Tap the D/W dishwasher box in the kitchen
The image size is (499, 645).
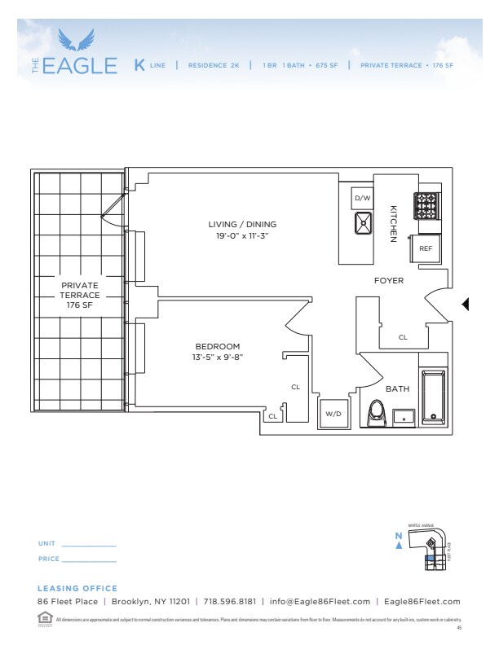(361, 198)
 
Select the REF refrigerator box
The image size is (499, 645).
(426, 248)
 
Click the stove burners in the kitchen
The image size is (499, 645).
(426, 206)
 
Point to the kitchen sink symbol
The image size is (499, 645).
(363, 223)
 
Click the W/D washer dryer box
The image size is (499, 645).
(333, 413)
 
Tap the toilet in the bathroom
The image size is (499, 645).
(376, 413)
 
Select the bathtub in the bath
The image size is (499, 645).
(433, 397)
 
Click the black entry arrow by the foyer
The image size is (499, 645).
(466, 305)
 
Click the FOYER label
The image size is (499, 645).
(389, 281)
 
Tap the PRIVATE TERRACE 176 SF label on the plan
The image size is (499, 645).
(79, 295)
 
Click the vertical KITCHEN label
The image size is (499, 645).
(392, 223)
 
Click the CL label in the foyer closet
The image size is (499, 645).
(403, 337)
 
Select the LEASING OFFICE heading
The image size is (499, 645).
(77, 588)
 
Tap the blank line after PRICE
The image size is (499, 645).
(90, 561)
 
